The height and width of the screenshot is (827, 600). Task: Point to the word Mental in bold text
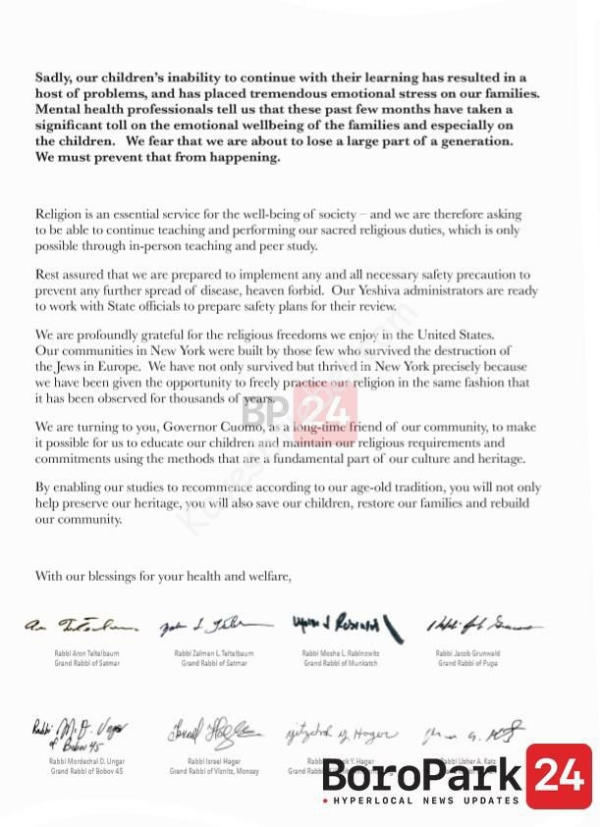(59, 109)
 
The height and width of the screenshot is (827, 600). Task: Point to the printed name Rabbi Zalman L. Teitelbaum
(213, 653)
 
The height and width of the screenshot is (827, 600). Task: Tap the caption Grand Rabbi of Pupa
(469, 664)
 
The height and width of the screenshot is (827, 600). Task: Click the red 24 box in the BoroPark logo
(558, 776)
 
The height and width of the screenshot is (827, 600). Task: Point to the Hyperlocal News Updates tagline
(424, 801)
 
